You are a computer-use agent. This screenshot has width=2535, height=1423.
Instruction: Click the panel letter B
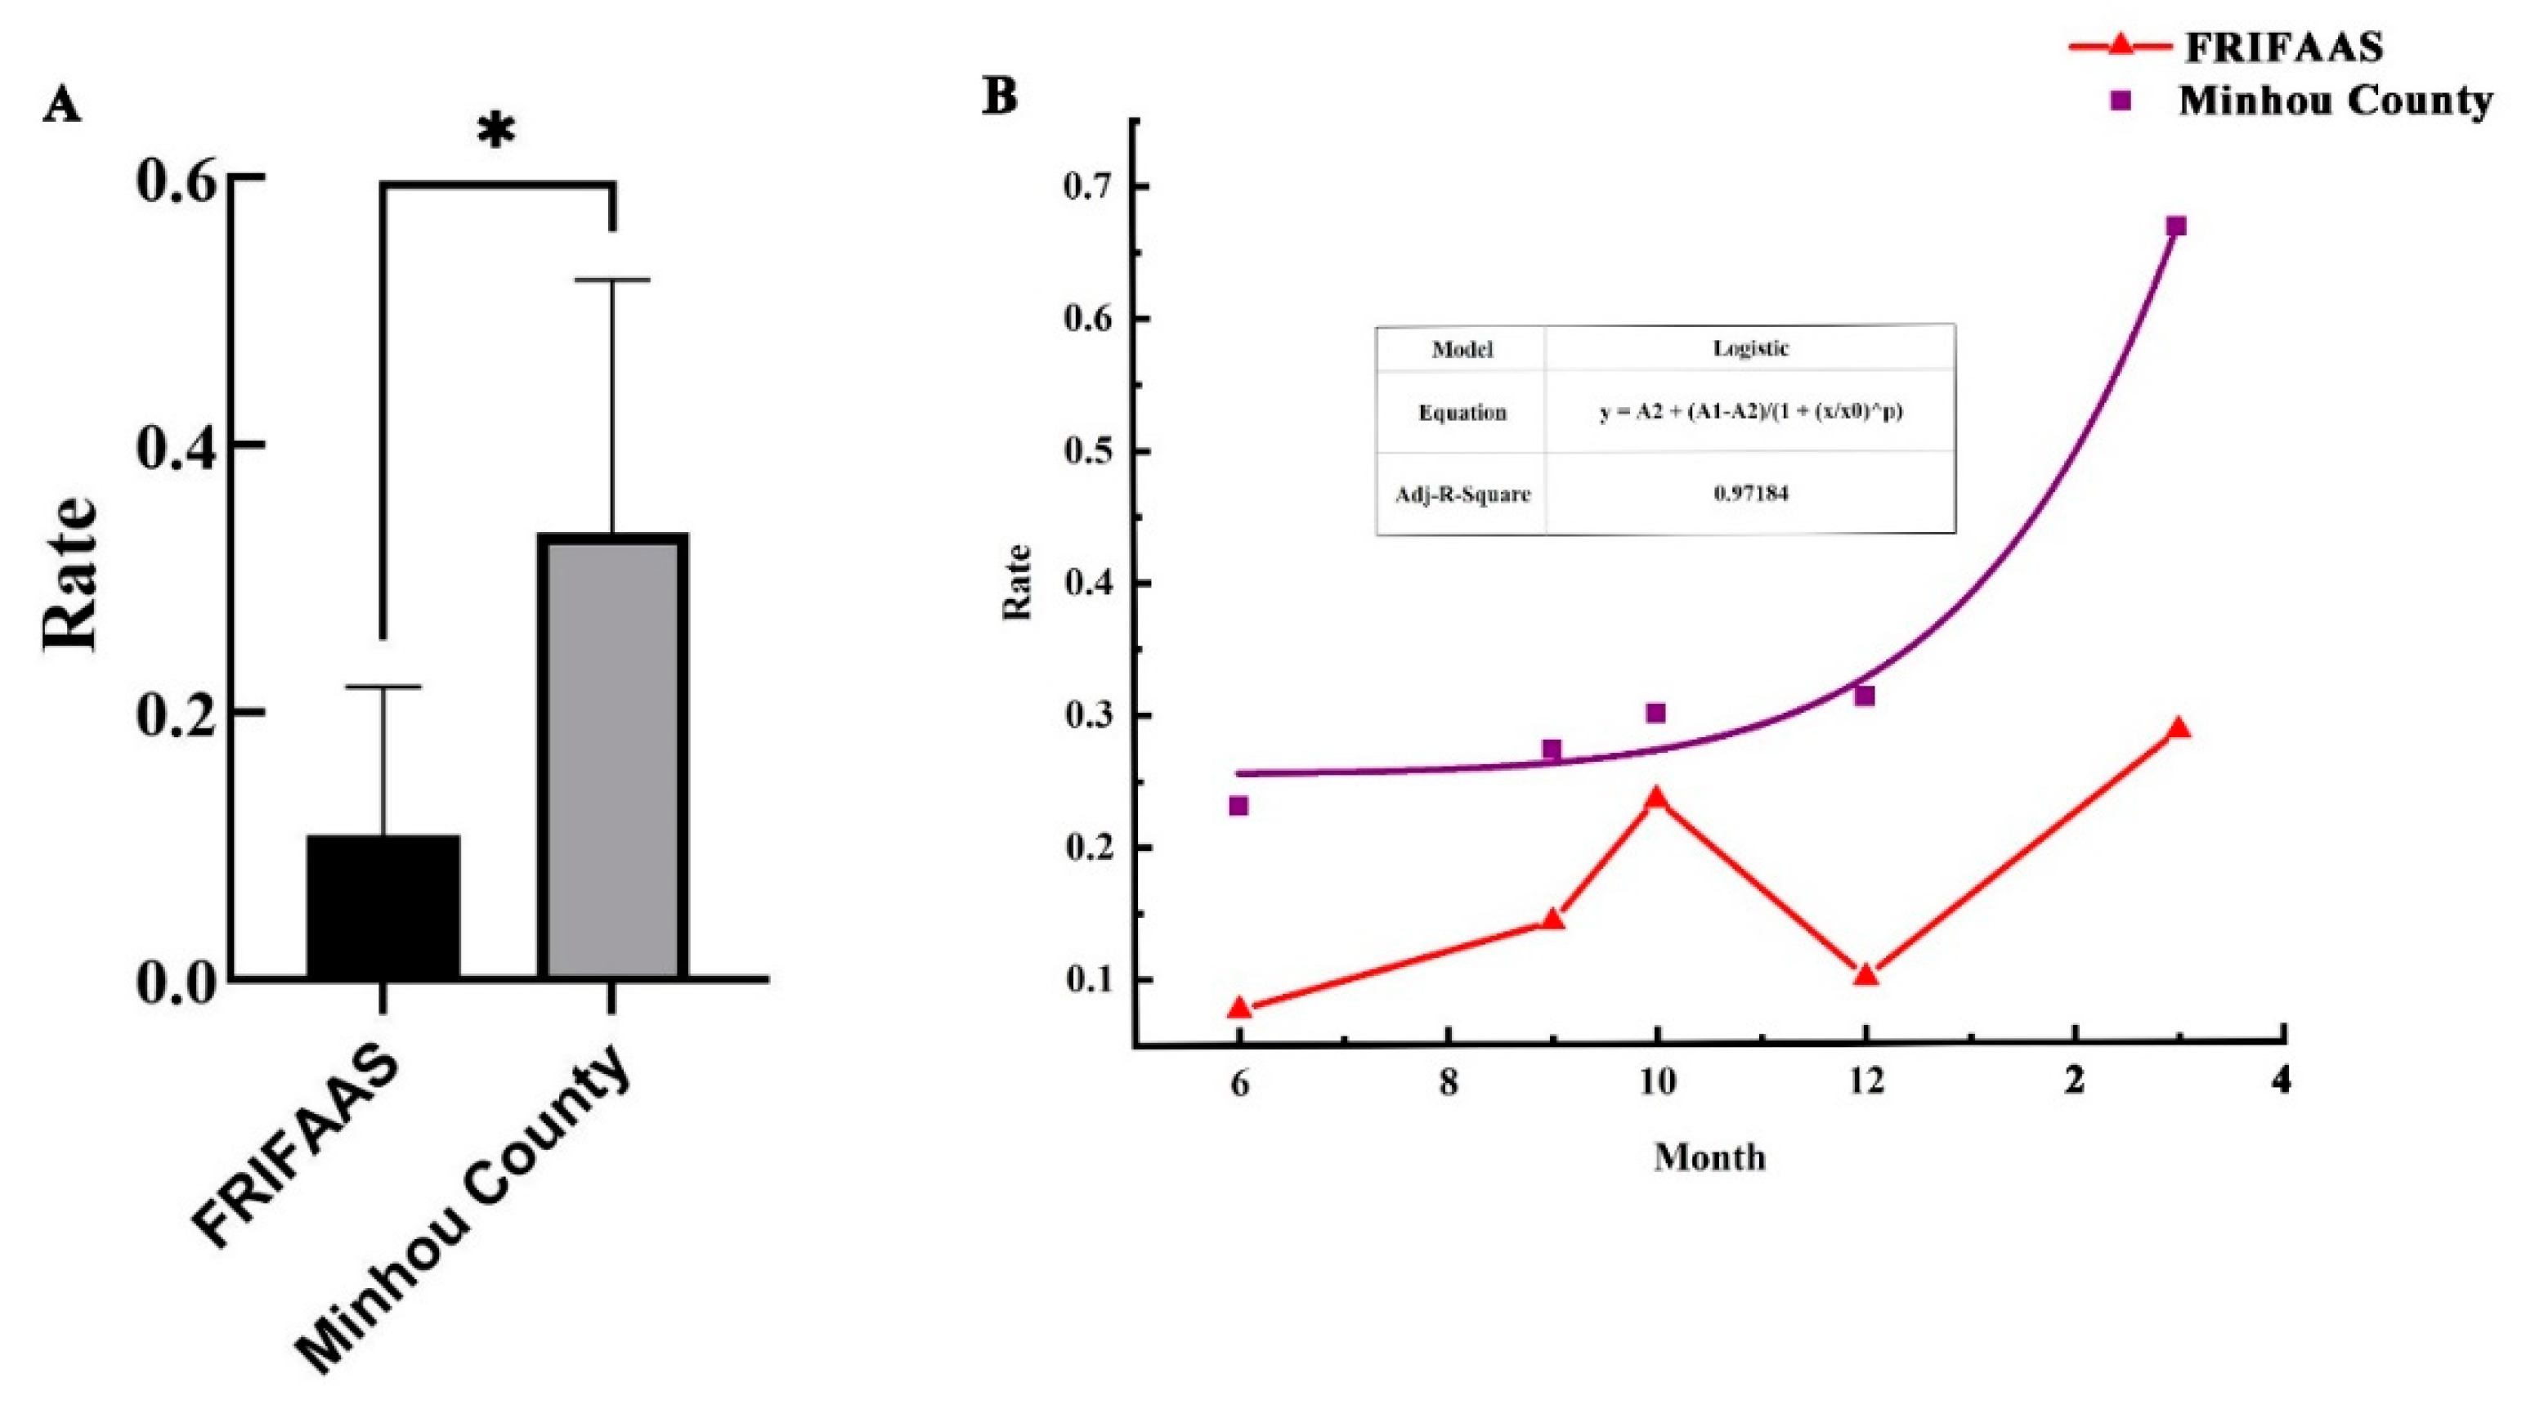(x=1000, y=97)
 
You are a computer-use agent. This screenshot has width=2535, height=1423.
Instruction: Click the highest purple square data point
(x=2177, y=226)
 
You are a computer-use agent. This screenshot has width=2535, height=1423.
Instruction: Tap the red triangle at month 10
(x=1656, y=798)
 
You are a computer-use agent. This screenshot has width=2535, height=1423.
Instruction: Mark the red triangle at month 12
(x=1865, y=974)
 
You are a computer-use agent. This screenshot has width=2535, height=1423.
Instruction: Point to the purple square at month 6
(x=1239, y=806)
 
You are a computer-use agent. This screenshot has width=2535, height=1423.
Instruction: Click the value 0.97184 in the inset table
(x=1751, y=493)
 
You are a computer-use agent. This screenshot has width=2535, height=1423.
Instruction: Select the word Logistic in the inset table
(x=1751, y=348)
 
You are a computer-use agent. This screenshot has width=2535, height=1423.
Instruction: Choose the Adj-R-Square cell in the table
(x=1462, y=494)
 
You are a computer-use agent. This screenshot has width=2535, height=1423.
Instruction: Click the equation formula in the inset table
(x=1751, y=411)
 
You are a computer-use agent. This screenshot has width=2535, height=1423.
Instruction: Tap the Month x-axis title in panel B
(x=1709, y=1157)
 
